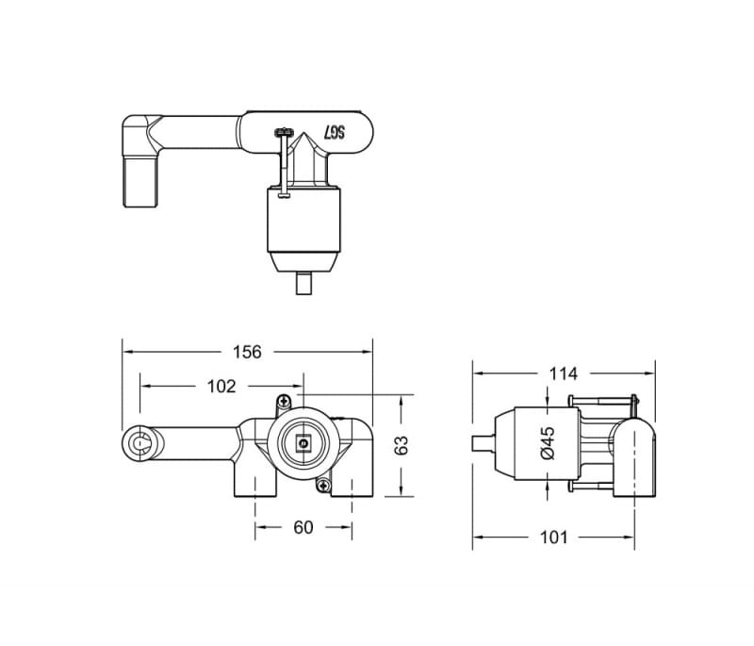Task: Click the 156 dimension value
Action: [x=246, y=352]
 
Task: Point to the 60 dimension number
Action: [x=303, y=527]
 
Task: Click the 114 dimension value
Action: [x=563, y=373]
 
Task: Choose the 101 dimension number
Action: [x=554, y=537]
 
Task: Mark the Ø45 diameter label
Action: [x=548, y=442]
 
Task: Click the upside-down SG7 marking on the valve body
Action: [x=336, y=133]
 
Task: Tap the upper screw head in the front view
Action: [x=281, y=402]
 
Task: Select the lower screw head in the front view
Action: [x=324, y=485]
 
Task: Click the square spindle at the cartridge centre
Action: [x=303, y=442]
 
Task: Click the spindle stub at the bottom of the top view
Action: [x=303, y=283]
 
